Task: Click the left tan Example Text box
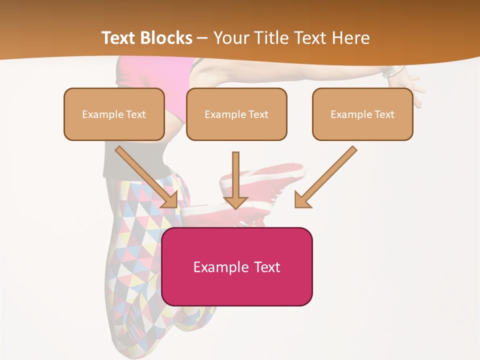pyautogui.click(x=114, y=114)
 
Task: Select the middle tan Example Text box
pyautogui.click(x=236, y=114)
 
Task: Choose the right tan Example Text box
pyautogui.click(x=362, y=114)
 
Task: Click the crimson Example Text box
pyautogui.click(x=236, y=267)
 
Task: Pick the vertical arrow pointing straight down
pyautogui.click(x=235, y=180)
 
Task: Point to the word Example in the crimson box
pyautogui.click(x=221, y=267)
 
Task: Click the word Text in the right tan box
pyautogui.click(x=384, y=114)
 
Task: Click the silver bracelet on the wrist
pyautogui.click(x=393, y=72)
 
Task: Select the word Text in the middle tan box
pyautogui.click(x=258, y=114)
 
